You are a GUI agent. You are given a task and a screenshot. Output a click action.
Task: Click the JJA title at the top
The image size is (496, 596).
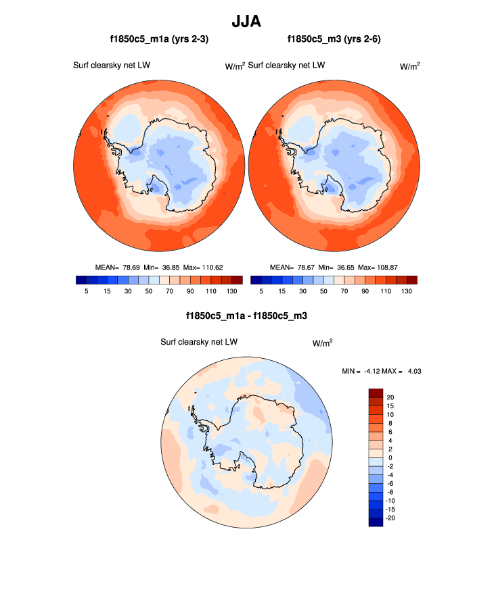pyautogui.click(x=247, y=22)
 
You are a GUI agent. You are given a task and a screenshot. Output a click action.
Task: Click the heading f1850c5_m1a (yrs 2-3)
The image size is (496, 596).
pyautogui.click(x=159, y=40)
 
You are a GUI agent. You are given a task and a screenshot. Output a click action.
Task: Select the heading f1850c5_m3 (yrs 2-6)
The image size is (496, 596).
pyautogui.click(x=335, y=40)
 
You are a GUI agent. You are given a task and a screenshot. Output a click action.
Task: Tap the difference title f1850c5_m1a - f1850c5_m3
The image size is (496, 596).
pyautogui.click(x=248, y=316)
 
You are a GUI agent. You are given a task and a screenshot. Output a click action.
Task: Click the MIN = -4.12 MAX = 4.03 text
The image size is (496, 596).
pyautogui.click(x=384, y=371)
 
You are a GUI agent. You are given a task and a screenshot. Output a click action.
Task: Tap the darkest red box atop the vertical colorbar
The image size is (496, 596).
pyautogui.click(x=376, y=393)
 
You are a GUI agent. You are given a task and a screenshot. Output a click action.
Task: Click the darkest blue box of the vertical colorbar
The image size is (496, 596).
pyautogui.click(x=376, y=522)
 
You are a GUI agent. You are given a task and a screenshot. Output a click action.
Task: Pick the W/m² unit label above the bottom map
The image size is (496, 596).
pyautogui.click(x=322, y=343)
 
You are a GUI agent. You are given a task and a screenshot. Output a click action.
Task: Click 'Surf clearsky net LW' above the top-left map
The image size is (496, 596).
pyautogui.click(x=112, y=66)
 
